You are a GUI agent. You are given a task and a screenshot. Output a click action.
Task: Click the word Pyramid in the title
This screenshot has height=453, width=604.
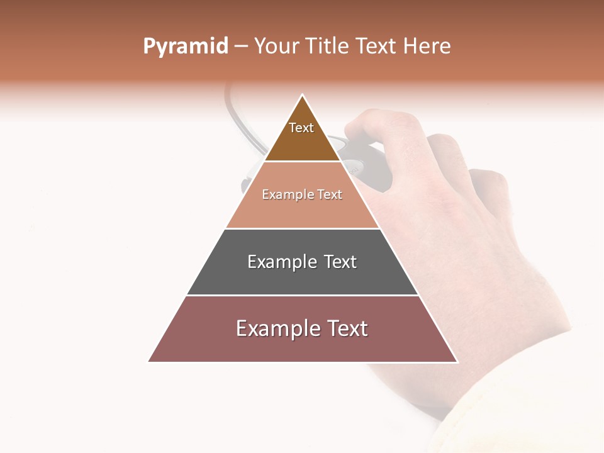[x=185, y=47]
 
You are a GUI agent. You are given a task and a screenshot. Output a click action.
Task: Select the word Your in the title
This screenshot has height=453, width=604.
[x=277, y=46]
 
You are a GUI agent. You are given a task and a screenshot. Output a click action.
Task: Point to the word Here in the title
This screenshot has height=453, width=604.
[x=427, y=46]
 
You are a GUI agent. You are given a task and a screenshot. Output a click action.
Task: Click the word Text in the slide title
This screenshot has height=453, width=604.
[x=377, y=46]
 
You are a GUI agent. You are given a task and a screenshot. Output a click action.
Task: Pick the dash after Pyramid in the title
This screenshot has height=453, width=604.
[x=241, y=47]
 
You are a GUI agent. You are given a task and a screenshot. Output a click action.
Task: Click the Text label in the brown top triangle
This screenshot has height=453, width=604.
[x=301, y=128]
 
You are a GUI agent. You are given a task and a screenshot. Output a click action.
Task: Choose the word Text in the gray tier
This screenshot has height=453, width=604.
[x=340, y=262]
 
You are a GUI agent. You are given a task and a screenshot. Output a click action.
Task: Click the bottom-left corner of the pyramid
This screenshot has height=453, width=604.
[x=149, y=362]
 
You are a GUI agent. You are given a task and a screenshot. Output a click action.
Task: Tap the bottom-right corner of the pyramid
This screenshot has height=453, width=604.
[x=457, y=362]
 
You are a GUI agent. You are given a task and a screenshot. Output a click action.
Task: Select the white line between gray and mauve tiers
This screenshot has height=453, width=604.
[x=302, y=295]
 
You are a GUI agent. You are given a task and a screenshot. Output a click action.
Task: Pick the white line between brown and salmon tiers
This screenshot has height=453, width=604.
[x=302, y=161]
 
